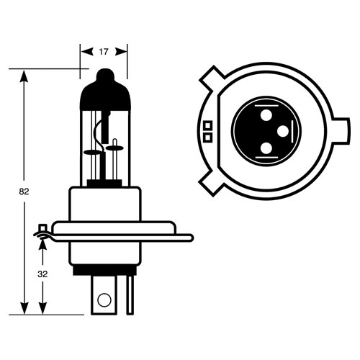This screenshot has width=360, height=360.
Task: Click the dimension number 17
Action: [104, 52]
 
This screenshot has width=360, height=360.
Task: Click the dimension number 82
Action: [24, 192]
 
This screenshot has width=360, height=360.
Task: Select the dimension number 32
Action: [42, 274]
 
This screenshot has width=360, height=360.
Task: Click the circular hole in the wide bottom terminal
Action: [104, 300]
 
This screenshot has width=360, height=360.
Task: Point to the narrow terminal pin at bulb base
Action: [130, 295]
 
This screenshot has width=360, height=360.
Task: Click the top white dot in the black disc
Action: [266, 115]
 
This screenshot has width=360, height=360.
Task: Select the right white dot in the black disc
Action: [283, 131]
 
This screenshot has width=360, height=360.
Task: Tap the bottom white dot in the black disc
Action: [266, 148]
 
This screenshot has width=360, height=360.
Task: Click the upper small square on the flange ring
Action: [208, 125]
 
